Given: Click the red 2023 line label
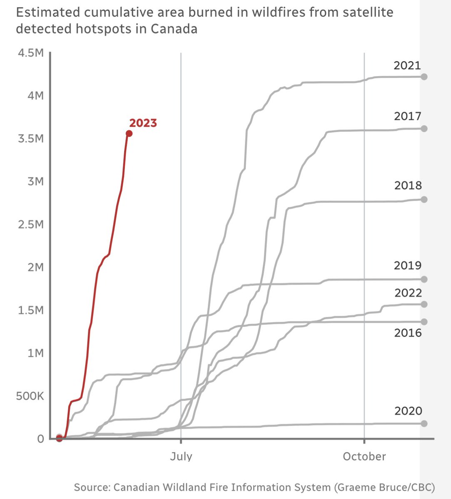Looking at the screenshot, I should (x=143, y=123).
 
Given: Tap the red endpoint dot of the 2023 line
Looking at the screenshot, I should (x=129, y=133).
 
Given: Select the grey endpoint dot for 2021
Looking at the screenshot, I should (x=424, y=77).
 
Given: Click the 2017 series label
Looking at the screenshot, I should (x=408, y=116).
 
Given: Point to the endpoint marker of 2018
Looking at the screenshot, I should (x=424, y=200).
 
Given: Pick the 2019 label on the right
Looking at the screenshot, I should (x=408, y=265).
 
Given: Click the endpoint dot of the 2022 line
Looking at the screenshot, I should (x=424, y=304).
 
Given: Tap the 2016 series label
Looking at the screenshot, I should (x=408, y=333).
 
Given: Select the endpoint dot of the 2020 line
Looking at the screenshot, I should (x=424, y=423).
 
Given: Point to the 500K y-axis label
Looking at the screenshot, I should (x=30, y=396).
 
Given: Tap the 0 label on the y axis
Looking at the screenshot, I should (x=40, y=439).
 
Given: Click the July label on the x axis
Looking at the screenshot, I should (x=181, y=457).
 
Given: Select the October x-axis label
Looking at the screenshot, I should (x=364, y=457).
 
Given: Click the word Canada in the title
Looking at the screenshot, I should (x=174, y=29).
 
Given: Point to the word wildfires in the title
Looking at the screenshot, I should (x=261, y=12).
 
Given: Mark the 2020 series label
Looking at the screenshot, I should (x=408, y=411).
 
